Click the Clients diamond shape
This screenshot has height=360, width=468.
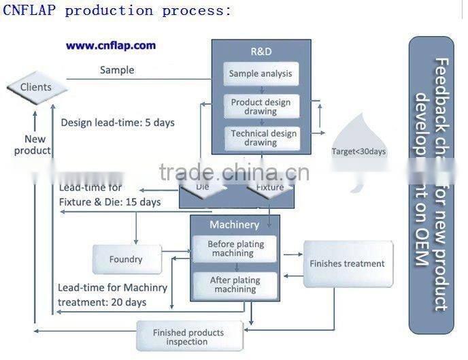(x=36, y=87)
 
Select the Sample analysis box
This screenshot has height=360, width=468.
(x=261, y=73)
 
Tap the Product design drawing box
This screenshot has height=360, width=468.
(x=261, y=107)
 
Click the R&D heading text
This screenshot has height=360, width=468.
(x=261, y=50)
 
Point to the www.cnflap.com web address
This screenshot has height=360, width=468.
(x=111, y=46)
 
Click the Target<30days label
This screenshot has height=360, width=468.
(x=358, y=152)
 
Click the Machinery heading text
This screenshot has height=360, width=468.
(x=234, y=225)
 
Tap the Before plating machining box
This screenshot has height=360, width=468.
(x=234, y=249)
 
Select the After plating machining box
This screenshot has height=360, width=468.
(x=234, y=285)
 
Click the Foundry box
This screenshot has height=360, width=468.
(x=127, y=259)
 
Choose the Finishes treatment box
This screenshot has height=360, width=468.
(x=347, y=263)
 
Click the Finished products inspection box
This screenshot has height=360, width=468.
(x=188, y=337)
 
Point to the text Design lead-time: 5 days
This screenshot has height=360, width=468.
(x=117, y=123)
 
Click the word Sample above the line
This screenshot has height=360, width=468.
(x=117, y=70)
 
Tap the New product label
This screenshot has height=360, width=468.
(x=35, y=145)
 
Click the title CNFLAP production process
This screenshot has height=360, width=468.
(x=117, y=10)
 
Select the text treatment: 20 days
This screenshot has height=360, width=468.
(x=102, y=302)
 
